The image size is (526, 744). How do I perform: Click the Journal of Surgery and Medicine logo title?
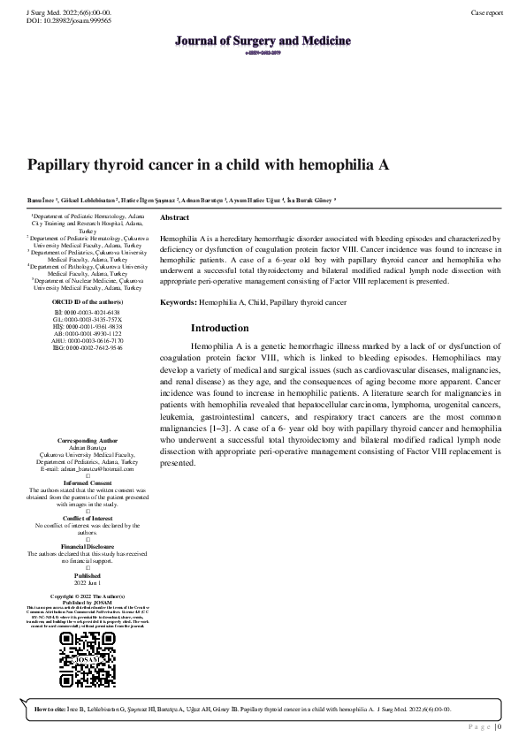coord(263,42)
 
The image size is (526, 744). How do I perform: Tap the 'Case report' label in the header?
coord(487,13)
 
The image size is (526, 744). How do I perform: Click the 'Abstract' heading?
coord(174,217)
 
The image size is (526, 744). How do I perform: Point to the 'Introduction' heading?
coord(219,328)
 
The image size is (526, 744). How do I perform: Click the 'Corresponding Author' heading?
coord(88,439)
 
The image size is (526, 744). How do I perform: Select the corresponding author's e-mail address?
coord(88,467)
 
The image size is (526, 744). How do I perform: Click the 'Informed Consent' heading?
coord(88,482)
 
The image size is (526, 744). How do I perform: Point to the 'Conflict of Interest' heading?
coord(88,518)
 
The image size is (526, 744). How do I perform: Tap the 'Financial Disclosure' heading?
coord(88,547)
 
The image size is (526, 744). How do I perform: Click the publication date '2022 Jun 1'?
coord(88,583)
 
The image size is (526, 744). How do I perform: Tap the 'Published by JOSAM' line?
coord(88,602)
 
